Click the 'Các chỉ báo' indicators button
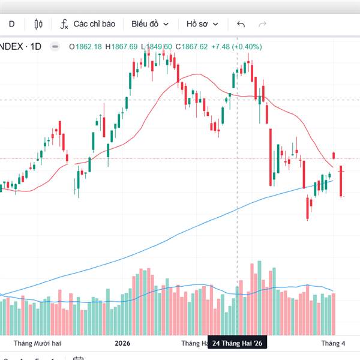click(87, 24)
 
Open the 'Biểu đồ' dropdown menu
click(150, 24)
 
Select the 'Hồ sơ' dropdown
click(202, 24)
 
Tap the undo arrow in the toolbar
click(241, 24)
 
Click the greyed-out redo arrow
click(262, 24)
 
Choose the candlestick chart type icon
click(40, 24)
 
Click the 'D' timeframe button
click(11, 24)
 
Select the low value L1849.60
click(157, 46)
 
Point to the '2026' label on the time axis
click(122, 343)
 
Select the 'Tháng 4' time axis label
click(334, 343)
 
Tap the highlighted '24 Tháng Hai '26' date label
click(238, 343)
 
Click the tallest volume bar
click(259, 298)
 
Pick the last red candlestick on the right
click(341, 181)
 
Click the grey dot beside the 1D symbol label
click(55, 46)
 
